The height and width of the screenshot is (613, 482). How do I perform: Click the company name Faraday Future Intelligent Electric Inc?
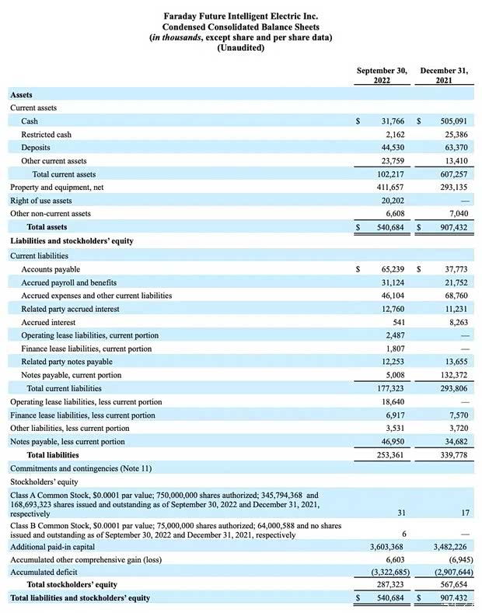point(240,16)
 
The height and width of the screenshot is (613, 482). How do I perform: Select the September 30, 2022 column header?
point(382,75)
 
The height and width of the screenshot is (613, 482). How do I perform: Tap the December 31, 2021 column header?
point(444,75)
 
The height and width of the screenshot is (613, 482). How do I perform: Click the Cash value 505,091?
point(451,121)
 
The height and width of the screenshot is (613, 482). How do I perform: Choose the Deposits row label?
point(36,148)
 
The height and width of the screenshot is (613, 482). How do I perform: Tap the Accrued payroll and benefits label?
point(68,282)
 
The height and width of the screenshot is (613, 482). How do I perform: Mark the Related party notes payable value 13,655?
point(453,362)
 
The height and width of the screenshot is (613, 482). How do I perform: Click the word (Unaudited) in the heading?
point(240,48)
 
